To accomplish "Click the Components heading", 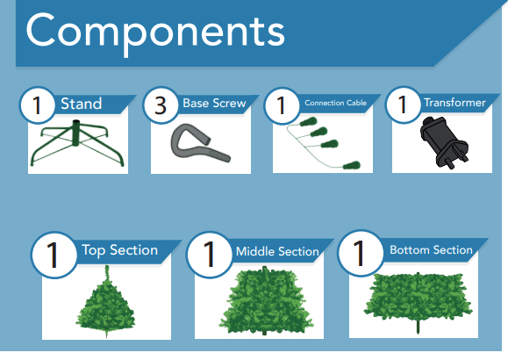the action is [x=155, y=33].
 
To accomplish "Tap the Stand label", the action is [x=82, y=104].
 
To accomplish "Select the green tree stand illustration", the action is [x=77, y=143].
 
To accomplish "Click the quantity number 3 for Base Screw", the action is [x=161, y=105].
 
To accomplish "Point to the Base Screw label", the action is [x=214, y=103].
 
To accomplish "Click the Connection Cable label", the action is [x=336, y=103].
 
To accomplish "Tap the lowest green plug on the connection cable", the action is [x=352, y=165].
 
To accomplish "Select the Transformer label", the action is [x=454, y=103].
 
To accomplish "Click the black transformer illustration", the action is [x=444, y=141].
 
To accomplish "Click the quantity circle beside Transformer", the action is [x=404, y=104].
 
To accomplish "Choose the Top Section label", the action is [x=120, y=250].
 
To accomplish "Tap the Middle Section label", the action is [x=277, y=251].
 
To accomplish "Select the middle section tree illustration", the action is [x=265, y=300].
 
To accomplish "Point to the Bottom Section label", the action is [x=431, y=249].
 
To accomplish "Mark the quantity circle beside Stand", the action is [x=38, y=105].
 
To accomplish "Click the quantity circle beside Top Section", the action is [x=54, y=255].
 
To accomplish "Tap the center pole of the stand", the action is [x=75, y=133].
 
